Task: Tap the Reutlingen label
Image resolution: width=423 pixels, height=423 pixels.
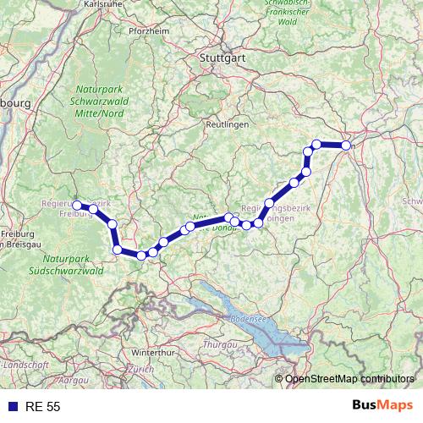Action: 225,124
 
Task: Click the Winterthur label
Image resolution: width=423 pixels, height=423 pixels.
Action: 152,351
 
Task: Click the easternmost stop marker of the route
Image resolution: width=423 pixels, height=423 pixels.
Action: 346,146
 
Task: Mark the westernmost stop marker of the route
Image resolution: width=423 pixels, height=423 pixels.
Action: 77,205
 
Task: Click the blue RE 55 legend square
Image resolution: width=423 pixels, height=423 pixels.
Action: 13,407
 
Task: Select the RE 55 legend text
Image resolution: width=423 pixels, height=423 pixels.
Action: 42,407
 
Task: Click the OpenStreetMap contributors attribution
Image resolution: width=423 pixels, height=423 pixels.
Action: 349,379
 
